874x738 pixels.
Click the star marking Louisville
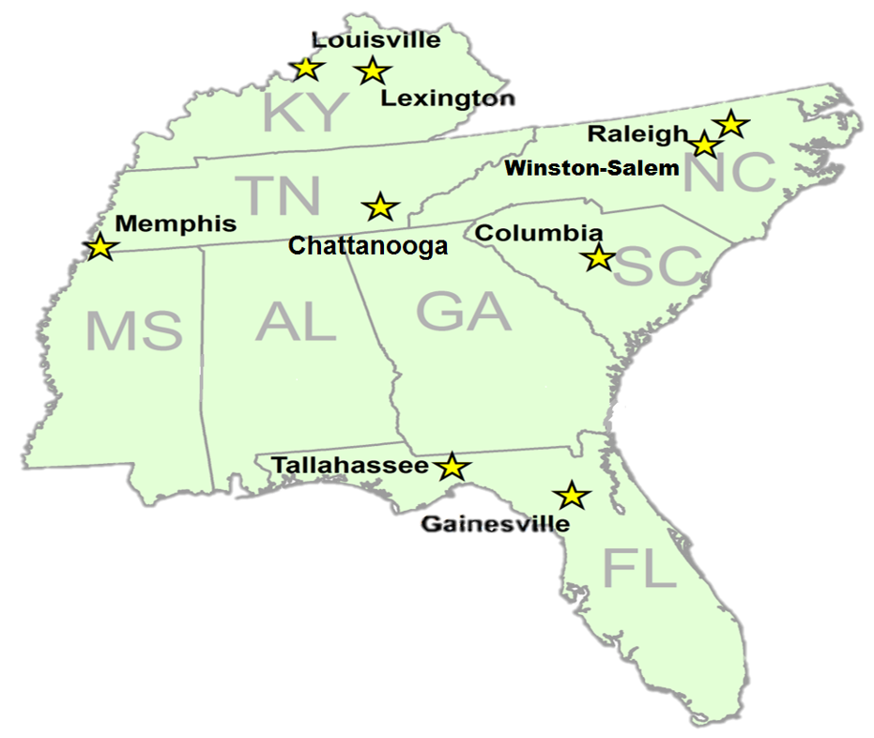(x=306, y=69)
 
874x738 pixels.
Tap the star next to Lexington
(x=373, y=70)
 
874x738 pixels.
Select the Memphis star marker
(x=100, y=248)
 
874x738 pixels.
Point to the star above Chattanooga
(x=380, y=208)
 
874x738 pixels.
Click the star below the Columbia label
(x=598, y=257)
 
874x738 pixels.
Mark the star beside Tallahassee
(x=452, y=467)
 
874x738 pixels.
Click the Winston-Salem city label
(x=591, y=169)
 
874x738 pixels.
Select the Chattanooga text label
(x=368, y=246)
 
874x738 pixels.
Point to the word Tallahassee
(x=350, y=466)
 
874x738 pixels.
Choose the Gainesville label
(x=495, y=524)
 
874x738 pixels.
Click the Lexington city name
(x=447, y=98)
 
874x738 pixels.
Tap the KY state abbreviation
(x=304, y=113)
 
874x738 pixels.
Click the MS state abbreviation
(x=133, y=331)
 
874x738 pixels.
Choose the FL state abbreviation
(x=638, y=568)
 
